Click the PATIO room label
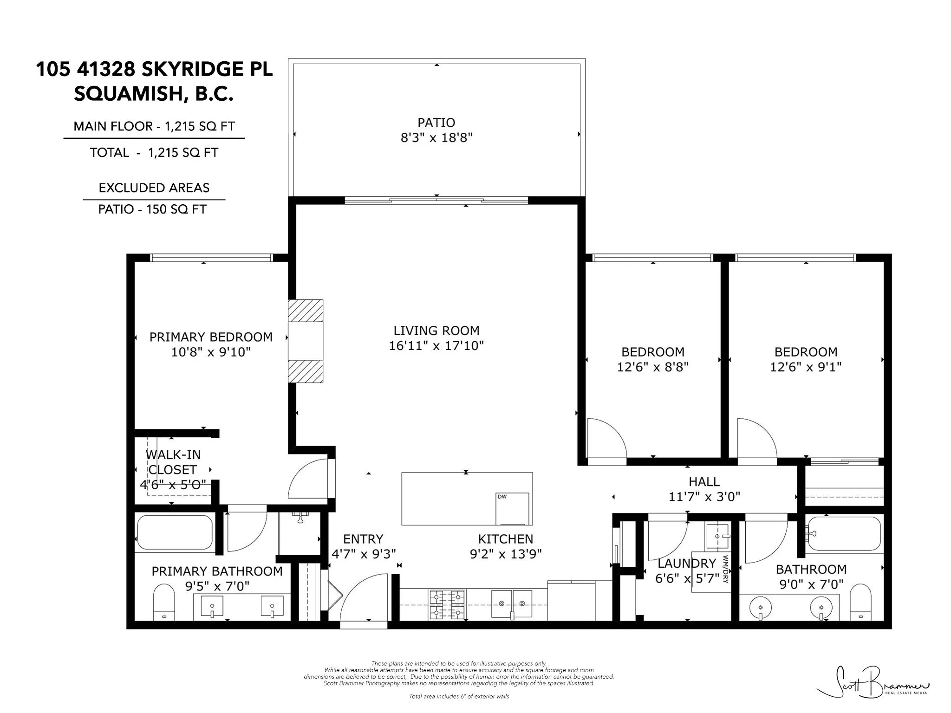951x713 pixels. click(x=436, y=123)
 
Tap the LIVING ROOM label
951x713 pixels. click(x=436, y=331)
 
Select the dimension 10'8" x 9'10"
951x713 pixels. click(x=211, y=352)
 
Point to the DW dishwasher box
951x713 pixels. click(x=512, y=509)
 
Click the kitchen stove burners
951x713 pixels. click(x=447, y=604)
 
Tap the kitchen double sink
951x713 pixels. click(x=512, y=604)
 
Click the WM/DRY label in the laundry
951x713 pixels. click(x=725, y=569)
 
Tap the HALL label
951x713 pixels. click(x=704, y=482)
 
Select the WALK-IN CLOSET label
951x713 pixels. click(x=173, y=462)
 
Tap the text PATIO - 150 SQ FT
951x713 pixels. click(x=152, y=209)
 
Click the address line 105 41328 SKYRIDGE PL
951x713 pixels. click(x=154, y=69)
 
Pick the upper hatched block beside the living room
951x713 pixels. click(x=306, y=311)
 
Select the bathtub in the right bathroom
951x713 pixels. click(x=843, y=533)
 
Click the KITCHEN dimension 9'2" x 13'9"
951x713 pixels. click(x=506, y=554)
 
